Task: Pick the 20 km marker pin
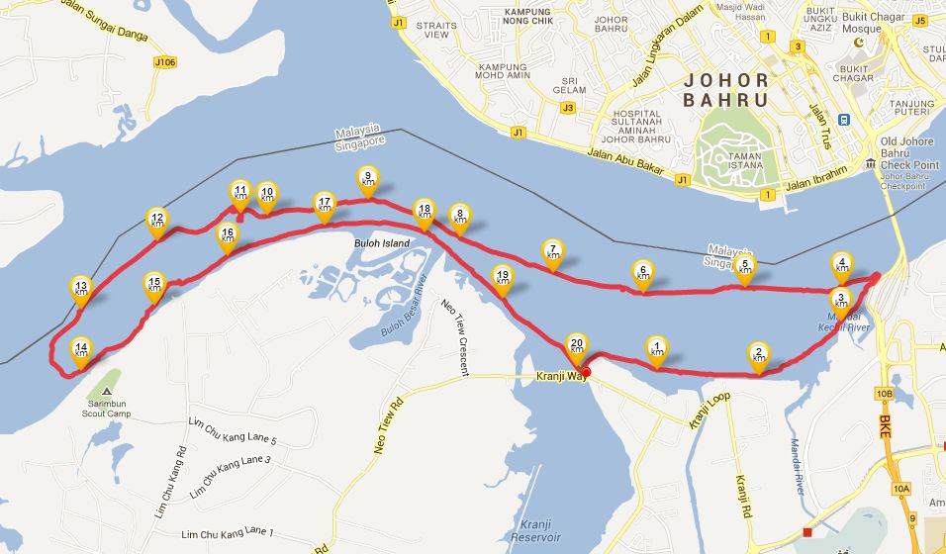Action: point(577,345)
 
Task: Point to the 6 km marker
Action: point(643,272)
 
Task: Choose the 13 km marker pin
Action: point(81,288)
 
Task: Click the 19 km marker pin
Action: point(503,277)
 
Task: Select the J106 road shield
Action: point(165,62)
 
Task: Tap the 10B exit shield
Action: point(884,394)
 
